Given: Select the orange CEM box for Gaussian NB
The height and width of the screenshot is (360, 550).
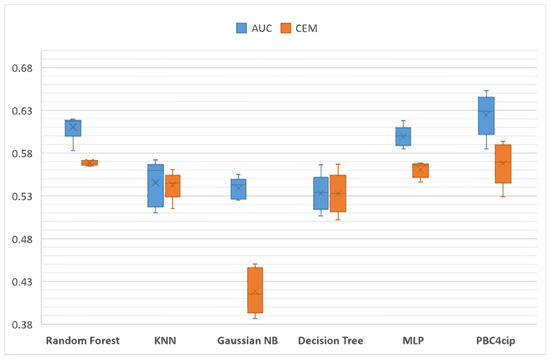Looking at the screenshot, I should tap(255, 290).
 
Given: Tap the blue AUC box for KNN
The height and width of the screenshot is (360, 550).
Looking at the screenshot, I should tap(154, 185).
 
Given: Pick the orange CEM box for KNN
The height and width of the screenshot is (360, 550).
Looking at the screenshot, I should tap(173, 185).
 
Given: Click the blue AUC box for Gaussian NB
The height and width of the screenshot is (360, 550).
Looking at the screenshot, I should tap(238, 189).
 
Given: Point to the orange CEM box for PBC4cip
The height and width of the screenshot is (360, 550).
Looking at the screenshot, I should tap(504, 163).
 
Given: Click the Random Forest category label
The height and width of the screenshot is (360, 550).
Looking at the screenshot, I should tap(83, 341).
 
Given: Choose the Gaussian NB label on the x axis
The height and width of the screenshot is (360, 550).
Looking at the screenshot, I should tap(247, 341).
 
